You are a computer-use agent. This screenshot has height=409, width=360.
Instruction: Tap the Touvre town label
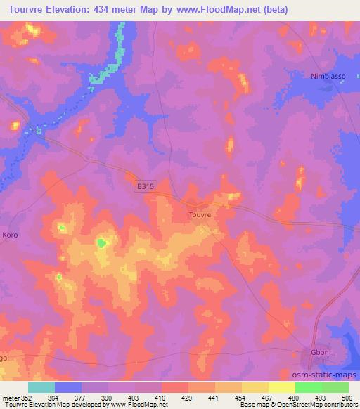200,214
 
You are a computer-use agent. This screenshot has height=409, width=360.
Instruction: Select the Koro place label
10,234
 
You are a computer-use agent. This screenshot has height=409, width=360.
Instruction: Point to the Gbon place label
320,353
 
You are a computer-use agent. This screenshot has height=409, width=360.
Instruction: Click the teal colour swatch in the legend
41,387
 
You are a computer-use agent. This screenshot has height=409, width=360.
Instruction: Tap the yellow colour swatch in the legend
282,387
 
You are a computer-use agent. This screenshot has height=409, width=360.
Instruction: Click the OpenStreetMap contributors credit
316,405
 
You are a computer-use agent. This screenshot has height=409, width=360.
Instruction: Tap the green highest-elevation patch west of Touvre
102,243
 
